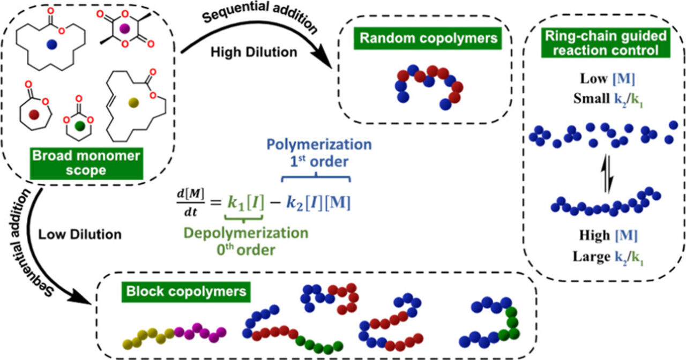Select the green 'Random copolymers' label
pos(419,39)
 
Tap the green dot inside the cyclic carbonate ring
pos(79,126)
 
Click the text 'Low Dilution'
pos(80,234)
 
